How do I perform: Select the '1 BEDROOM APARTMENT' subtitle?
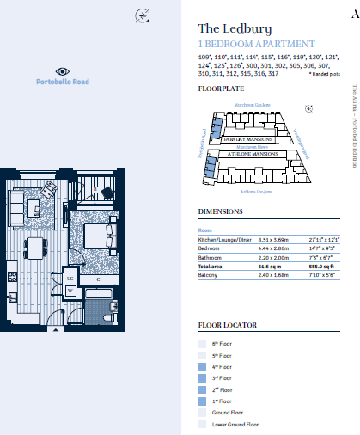tap(256, 44)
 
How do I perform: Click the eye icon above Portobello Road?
tap(62, 71)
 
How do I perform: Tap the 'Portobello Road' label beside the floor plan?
tap(62, 82)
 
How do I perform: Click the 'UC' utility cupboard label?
tap(70, 279)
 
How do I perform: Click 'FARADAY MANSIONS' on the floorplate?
tap(247, 138)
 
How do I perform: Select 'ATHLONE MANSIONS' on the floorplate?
tap(252, 153)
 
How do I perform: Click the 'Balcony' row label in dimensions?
tap(210, 277)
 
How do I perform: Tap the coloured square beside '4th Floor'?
tap(202, 366)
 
